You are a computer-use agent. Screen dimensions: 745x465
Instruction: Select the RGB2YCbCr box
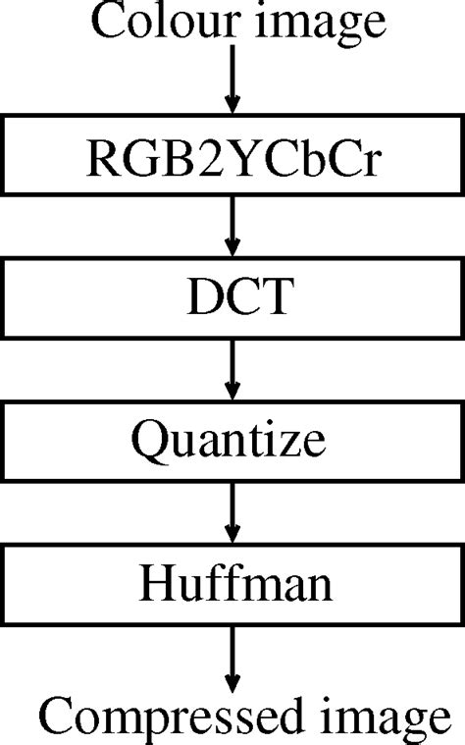[x=232, y=157]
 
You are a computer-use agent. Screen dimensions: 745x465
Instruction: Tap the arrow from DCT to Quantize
[x=232, y=371]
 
